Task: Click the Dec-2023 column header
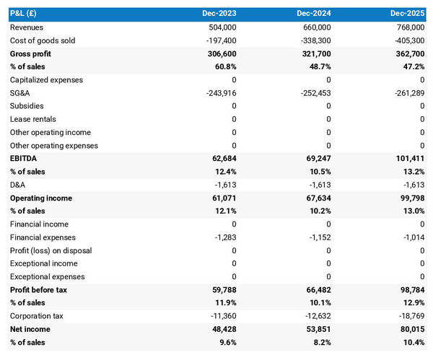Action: [x=219, y=14]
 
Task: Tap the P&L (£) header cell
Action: [x=25, y=14]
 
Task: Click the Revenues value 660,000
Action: [x=315, y=27]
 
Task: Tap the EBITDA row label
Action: [x=23, y=159]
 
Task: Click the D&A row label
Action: [x=18, y=185]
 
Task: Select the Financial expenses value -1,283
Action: [x=222, y=237]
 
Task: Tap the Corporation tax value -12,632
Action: [x=315, y=316]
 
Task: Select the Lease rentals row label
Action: [x=32, y=119]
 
